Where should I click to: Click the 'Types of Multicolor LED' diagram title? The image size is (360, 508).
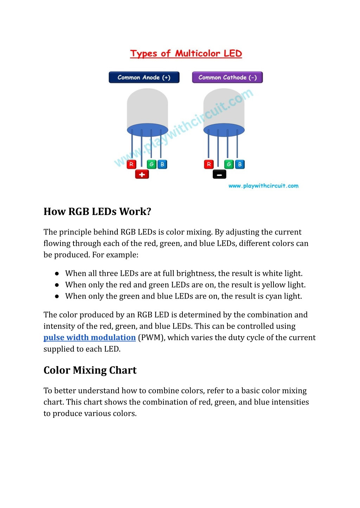186,53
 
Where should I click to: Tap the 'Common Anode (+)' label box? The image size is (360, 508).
144,77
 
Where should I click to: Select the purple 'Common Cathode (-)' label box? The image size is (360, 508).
227,77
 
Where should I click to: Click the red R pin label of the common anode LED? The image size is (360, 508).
131,164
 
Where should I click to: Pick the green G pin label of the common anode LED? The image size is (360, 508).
152,164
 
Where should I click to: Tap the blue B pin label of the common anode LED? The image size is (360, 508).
162,164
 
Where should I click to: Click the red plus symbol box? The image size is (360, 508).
142,174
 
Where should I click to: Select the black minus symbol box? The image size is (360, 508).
219,174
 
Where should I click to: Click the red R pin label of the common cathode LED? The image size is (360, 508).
209,164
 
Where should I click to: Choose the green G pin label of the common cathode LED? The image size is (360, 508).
229,164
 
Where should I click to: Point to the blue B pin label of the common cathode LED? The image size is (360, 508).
240,164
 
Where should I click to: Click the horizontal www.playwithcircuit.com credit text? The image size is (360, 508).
263,186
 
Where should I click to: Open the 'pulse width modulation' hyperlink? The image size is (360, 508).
90,338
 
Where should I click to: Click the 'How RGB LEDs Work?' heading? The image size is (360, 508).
97,211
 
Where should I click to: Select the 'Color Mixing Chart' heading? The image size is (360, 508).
90,370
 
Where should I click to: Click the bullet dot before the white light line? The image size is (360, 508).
57,274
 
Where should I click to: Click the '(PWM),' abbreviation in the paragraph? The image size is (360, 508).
152,338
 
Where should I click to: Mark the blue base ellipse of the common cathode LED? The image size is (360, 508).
224,130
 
